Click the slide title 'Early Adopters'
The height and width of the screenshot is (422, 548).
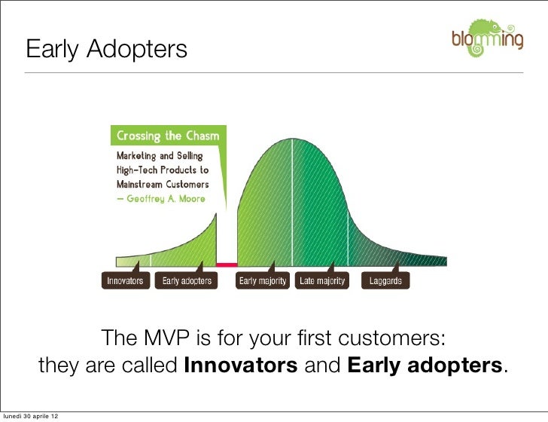[x=106, y=50]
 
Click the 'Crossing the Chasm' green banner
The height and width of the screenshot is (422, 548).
[x=167, y=136]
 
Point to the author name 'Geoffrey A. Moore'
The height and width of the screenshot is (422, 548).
[x=160, y=198]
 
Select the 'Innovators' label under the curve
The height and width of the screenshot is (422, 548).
[x=125, y=281]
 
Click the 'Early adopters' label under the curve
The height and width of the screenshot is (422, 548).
[x=187, y=281]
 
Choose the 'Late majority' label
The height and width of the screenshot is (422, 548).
[x=322, y=281]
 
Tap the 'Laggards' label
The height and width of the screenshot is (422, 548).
[x=385, y=281]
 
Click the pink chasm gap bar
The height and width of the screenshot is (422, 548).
[x=227, y=265]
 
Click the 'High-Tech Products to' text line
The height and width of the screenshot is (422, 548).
[x=162, y=170]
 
